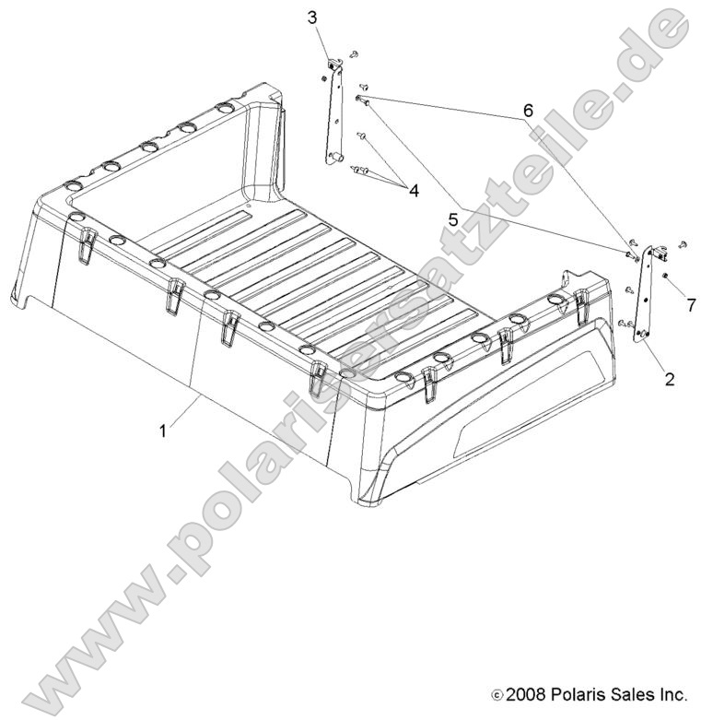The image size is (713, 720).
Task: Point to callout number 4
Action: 414,191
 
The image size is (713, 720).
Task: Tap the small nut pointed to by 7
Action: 666,277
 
